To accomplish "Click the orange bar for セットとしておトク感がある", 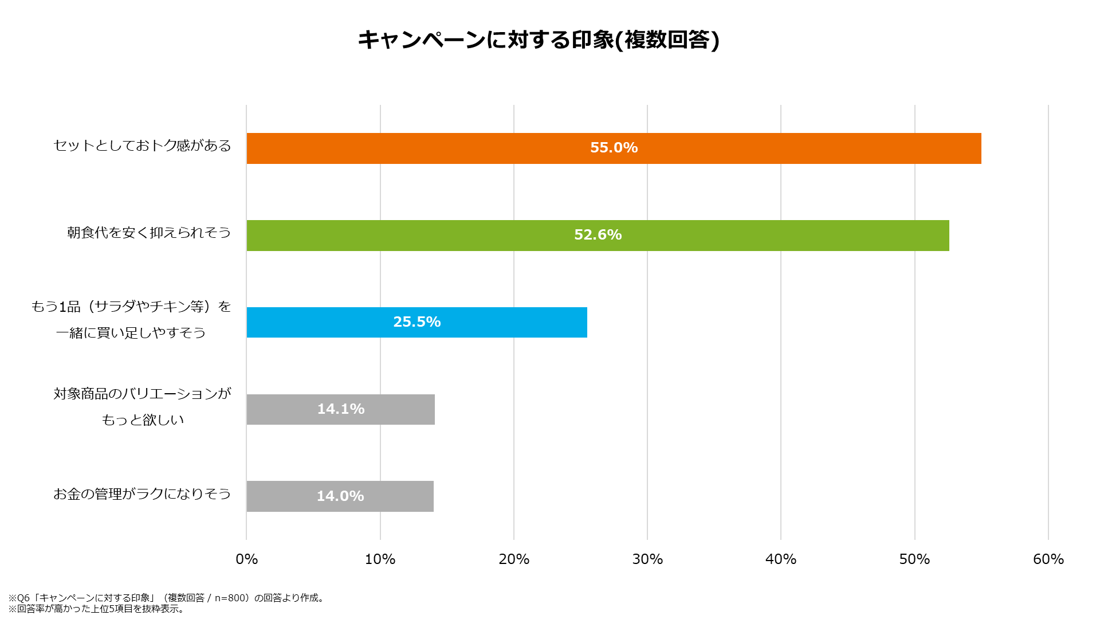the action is click(x=614, y=148).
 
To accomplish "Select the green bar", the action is click(x=598, y=236).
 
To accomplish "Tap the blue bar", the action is click(x=417, y=322).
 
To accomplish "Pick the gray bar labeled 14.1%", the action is click(x=340, y=409).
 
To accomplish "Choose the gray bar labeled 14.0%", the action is click(x=340, y=496).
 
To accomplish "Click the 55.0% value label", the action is click(x=614, y=148).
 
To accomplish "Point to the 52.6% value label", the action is click(x=598, y=235).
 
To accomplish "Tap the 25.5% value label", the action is click(x=417, y=322).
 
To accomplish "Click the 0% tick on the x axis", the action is click(x=247, y=559).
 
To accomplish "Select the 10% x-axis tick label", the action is click(x=380, y=559).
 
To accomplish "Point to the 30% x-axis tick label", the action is click(x=647, y=559).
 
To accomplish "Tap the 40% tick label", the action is click(x=781, y=559).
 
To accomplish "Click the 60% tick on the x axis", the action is click(x=1048, y=559).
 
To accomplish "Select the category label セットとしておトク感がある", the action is click(x=142, y=146).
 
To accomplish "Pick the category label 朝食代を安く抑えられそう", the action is click(x=149, y=233).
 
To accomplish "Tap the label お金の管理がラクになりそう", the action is click(x=142, y=494).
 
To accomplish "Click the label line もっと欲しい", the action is click(x=143, y=420).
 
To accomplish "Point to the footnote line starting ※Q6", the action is click(x=167, y=598).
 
